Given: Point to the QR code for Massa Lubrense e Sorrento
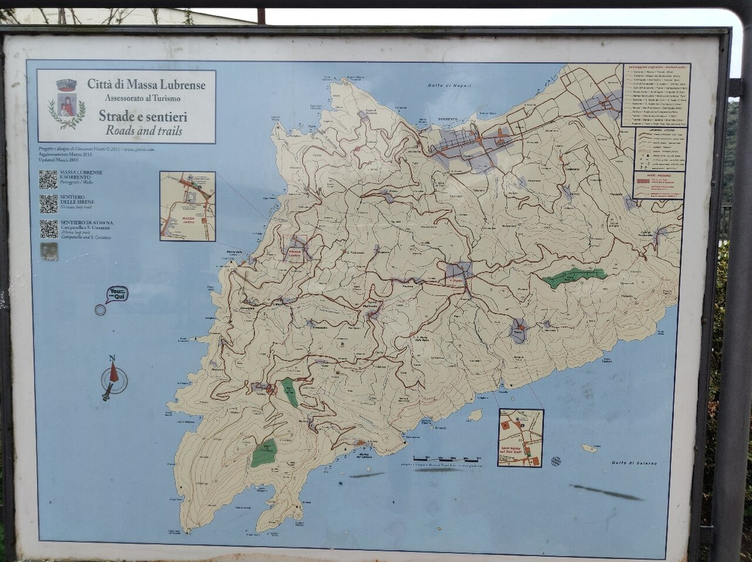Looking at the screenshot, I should pyautogui.click(x=48, y=179).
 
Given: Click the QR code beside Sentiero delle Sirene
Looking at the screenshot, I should pyautogui.click(x=48, y=204).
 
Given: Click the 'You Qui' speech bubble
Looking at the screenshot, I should pyautogui.click(x=116, y=294).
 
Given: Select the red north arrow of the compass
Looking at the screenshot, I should pyautogui.click(x=113, y=372).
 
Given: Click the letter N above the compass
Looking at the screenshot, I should pyautogui.click(x=111, y=358).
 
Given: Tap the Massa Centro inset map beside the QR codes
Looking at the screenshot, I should pyautogui.click(x=187, y=207).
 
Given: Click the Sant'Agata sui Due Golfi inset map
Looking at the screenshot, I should pyautogui.click(x=520, y=437).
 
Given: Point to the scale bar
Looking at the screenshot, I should pyautogui.click(x=446, y=459).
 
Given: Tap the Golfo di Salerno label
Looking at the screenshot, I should pyautogui.click(x=630, y=463).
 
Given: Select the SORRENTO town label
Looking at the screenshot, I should pyautogui.click(x=448, y=119).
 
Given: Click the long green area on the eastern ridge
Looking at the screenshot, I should pyautogui.click(x=574, y=276).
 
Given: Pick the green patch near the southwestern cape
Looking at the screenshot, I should pyautogui.click(x=264, y=453).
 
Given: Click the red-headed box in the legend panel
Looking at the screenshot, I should pyautogui.click(x=659, y=185).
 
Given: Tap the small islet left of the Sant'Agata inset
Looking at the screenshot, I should pyautogui.click(x=475, y=415).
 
